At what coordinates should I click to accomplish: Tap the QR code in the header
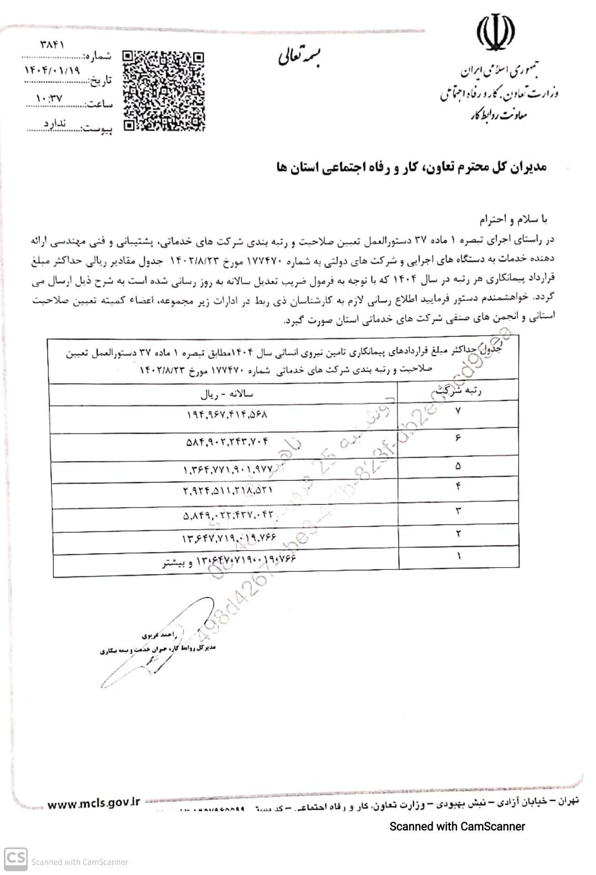164,90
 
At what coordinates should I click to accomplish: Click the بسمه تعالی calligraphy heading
298,57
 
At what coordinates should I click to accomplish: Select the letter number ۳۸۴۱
52,45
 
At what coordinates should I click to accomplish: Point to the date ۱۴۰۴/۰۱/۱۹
52,70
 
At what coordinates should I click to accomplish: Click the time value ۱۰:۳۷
49,99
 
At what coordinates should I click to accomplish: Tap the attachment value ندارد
55,123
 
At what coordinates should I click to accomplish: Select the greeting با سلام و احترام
513,219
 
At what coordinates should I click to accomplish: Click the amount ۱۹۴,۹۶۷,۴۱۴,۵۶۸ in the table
227,415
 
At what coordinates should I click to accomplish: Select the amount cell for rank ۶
227,442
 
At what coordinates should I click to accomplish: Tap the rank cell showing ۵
458,466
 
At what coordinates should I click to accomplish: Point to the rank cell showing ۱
458,556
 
